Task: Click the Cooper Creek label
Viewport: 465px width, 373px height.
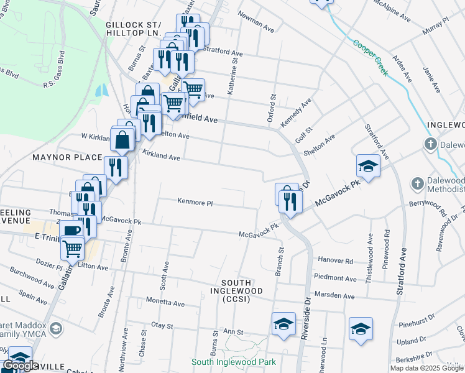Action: coord(371,58)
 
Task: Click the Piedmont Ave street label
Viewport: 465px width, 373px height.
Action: coord(336,278)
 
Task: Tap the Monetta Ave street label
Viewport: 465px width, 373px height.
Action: coord(165,303)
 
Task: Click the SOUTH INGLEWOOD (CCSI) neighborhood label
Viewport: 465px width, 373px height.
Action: coord(236,295)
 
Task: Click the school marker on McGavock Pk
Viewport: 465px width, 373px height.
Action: coord(368,166)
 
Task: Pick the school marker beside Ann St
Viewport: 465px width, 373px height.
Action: coord(283,324)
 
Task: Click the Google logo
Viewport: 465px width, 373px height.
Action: coord(20,366)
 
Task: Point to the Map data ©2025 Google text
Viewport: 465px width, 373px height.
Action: coord(426,368)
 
